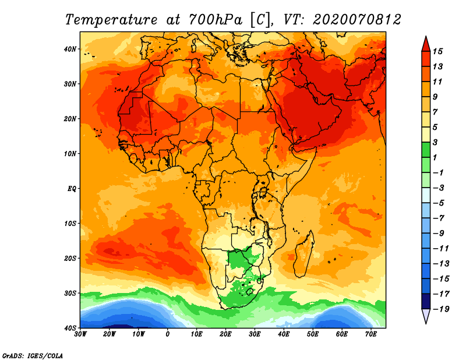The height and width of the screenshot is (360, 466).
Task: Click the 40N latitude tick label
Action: [70, 49]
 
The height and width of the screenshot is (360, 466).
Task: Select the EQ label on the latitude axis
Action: [72, 189]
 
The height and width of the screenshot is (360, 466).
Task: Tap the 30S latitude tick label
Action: [70, 294]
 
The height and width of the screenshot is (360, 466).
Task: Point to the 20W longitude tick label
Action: [109, 334]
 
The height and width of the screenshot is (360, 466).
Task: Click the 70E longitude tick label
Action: [371, 334]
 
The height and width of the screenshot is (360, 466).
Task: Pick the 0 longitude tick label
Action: [168, 334]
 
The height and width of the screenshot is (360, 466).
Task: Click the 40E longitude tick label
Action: [284, 334]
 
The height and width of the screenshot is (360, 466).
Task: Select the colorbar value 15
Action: [437, 51]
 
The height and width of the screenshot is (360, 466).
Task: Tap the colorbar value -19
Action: [441, 309]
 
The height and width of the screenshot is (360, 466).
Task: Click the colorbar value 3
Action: [435, 142]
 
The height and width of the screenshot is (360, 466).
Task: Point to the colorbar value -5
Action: [439, 203]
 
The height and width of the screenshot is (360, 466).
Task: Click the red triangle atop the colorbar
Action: [426, 45]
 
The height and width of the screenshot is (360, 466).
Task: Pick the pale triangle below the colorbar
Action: [426, 315]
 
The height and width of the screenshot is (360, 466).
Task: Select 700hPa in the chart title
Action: [216, 20]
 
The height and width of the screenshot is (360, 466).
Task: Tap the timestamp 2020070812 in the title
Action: [357, 20]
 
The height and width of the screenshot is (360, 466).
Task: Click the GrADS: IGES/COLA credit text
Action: [33, 356]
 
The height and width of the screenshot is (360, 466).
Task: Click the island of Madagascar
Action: [303, 254]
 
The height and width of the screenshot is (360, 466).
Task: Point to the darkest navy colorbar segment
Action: [426, 301]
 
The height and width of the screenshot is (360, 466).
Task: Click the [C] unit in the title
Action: [261, 20]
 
